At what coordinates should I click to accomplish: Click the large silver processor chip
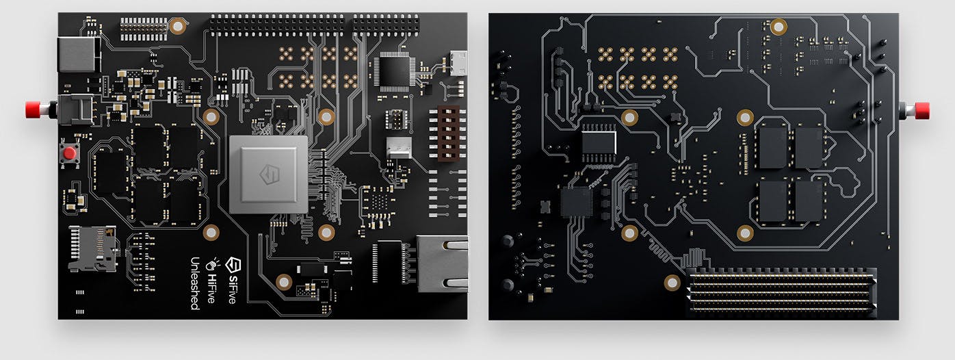269,175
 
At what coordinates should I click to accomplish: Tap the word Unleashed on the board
195,283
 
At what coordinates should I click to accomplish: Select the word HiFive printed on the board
211,288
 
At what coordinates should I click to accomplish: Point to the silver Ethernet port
442,263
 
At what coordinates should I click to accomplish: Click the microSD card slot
93,249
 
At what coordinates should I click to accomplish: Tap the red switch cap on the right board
922,110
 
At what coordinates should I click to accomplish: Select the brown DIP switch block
448,133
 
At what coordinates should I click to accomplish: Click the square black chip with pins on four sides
394,71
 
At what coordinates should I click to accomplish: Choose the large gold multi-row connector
781,293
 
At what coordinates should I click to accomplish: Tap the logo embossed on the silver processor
270,175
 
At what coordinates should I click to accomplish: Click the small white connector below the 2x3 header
399,148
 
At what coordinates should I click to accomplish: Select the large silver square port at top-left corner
79,54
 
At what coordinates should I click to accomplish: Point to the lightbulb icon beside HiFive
212,264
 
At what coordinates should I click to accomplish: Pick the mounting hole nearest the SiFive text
284,282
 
